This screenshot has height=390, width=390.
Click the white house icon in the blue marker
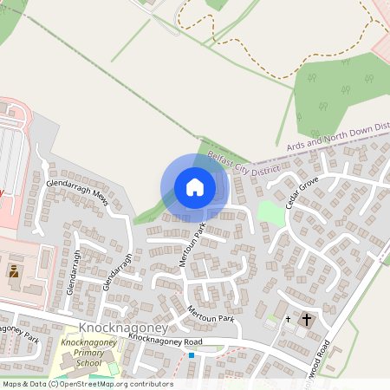(x=195, y=187)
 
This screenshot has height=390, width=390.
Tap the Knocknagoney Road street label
(x=165, y=341)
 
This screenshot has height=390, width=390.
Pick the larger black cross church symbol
(x=306, y=320)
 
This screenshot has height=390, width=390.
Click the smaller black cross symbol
(x=289, y=320)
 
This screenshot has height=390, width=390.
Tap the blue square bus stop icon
(x=192, y=354)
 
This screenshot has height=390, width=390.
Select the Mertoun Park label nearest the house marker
(x=194, y=246)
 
